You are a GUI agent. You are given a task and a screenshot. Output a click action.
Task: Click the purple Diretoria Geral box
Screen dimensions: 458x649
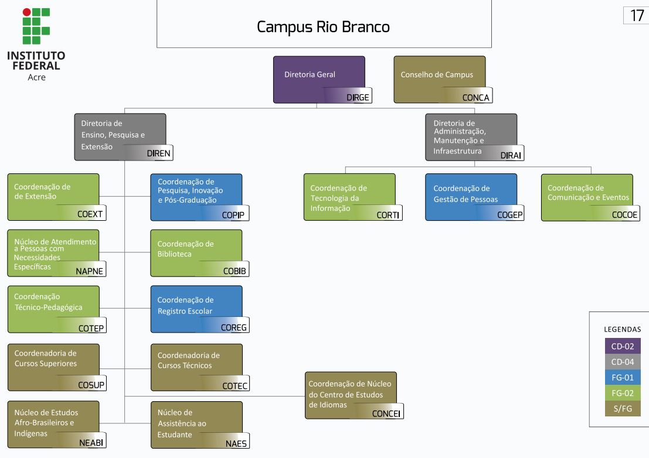tap(318, 75)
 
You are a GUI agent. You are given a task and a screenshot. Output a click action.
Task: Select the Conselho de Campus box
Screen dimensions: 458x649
tap(439, 75)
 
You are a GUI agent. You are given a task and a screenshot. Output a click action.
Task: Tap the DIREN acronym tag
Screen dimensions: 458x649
tap(158, 154)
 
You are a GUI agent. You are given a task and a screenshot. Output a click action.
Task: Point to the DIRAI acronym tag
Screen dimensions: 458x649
tap(511, 155)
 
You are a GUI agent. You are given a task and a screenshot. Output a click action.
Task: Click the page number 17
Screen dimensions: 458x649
tap(637, 16)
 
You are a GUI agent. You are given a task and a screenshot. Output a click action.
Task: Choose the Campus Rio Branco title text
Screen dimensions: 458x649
tap(323, 27)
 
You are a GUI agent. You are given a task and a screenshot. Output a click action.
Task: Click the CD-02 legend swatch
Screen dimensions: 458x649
tap(623, 346)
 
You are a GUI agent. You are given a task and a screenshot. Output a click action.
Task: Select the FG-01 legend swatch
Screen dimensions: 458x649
tap(623, 378)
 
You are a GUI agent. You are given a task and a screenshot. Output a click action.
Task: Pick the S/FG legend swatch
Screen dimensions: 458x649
tap(623, 408)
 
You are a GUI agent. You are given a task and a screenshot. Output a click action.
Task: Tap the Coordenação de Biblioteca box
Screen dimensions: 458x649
tap(196, 249)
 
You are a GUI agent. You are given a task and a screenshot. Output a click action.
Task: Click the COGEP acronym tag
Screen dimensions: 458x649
tap(509, 215)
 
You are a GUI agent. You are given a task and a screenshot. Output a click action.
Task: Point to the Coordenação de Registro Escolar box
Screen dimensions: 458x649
tap(196, 306)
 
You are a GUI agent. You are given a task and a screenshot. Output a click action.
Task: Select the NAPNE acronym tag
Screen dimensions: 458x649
tap(90, 271)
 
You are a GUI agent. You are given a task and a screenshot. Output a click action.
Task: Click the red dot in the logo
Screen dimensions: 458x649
tap(26, 12)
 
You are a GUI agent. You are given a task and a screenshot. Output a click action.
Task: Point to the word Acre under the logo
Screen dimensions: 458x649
tap(36, 77)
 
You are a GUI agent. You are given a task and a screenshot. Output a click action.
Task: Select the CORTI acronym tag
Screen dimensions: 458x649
tap(388, 215)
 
